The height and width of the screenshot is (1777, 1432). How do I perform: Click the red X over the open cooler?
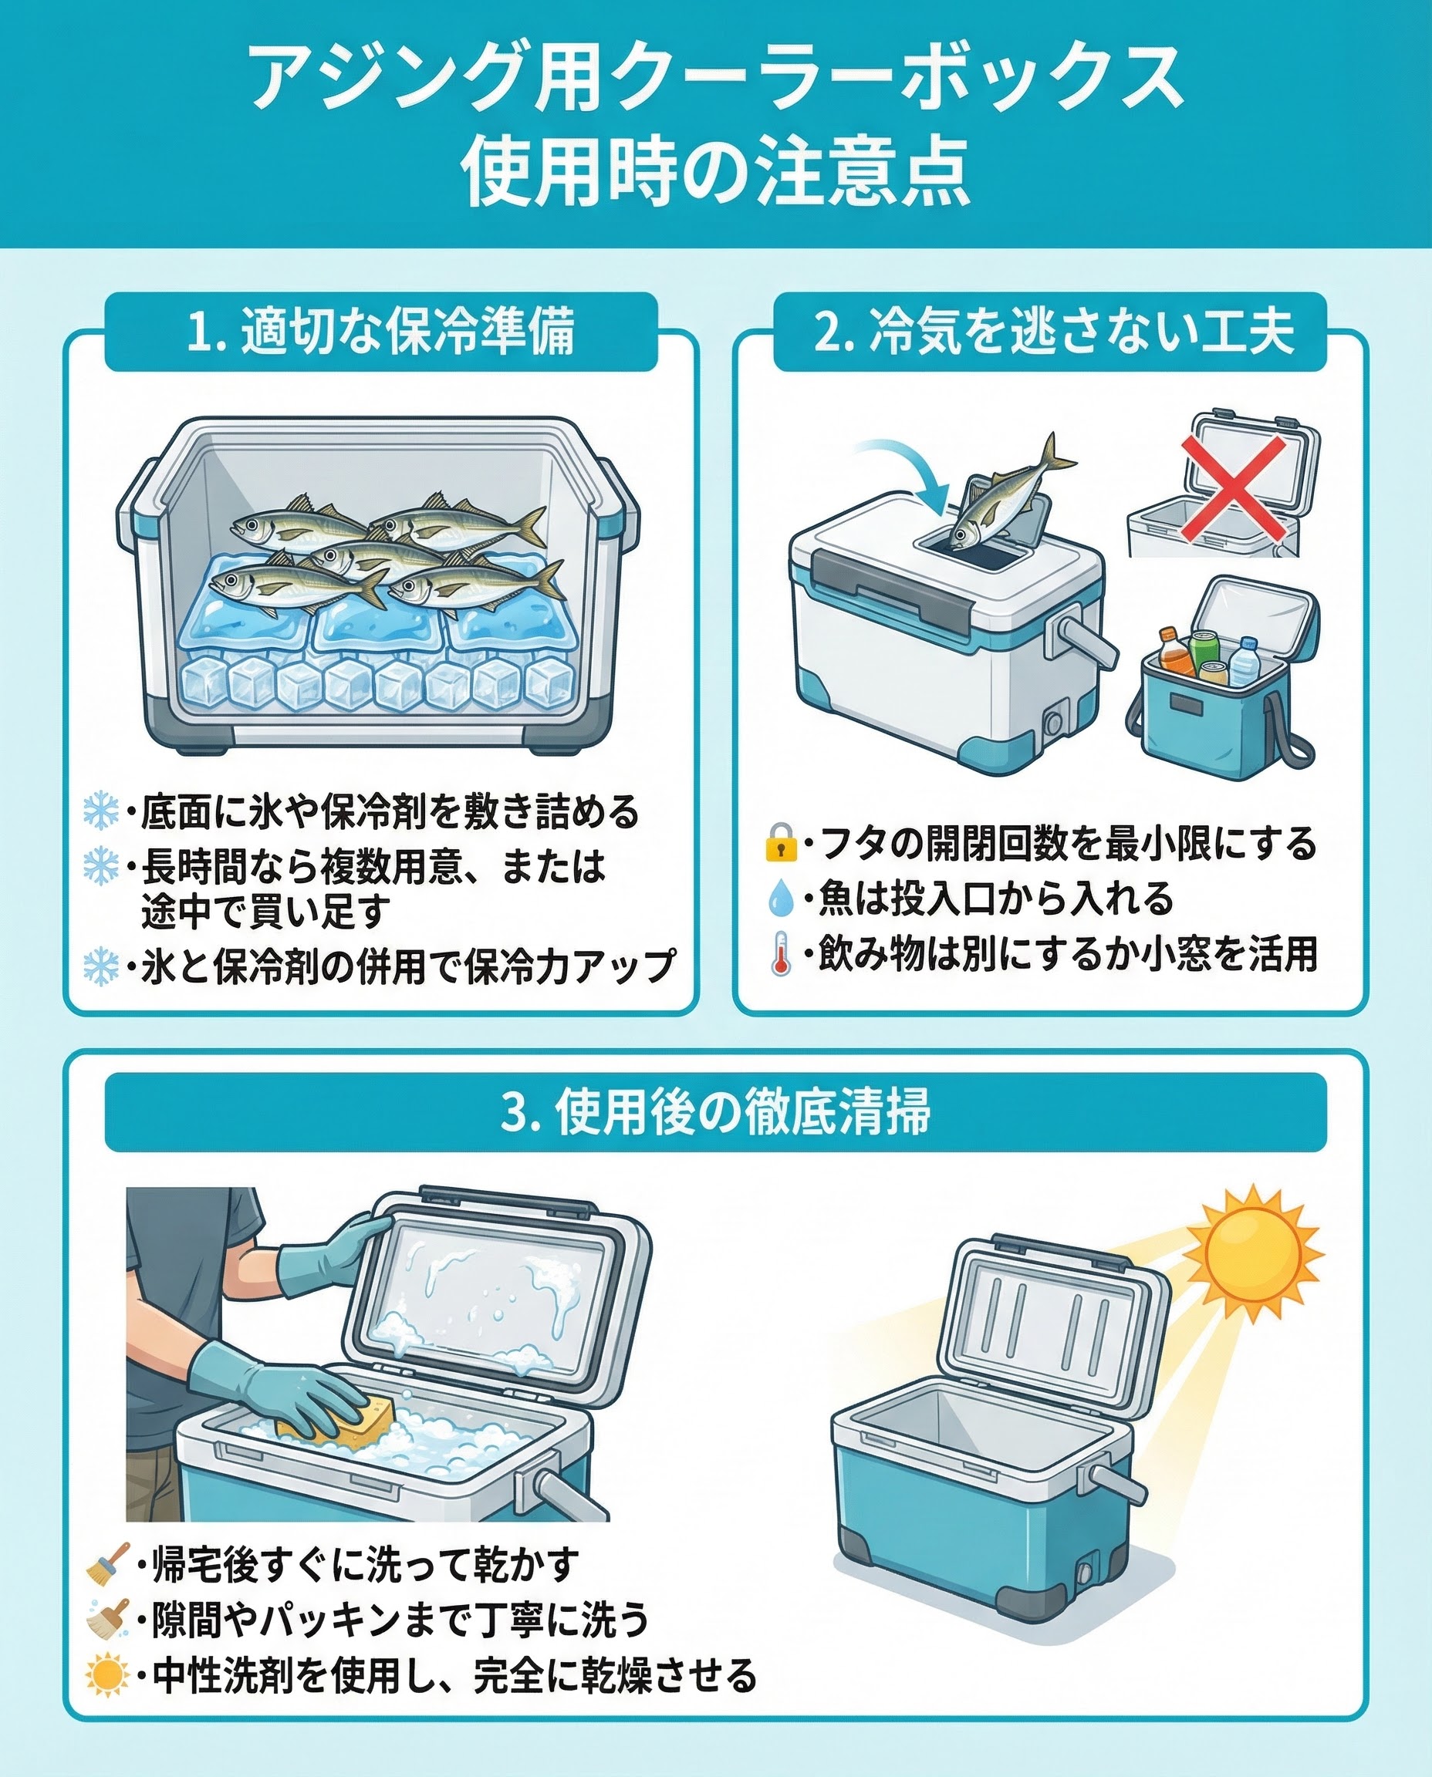pos(1233,488)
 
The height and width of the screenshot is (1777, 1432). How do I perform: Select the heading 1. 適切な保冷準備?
pos(381,332)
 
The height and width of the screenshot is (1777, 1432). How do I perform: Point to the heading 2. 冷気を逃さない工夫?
pos(1054,332)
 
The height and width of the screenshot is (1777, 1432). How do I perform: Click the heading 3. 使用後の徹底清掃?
pos(716,1112)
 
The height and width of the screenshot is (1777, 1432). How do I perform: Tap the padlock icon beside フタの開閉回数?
pos(780,843)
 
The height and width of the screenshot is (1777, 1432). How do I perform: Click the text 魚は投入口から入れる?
pos(995,898)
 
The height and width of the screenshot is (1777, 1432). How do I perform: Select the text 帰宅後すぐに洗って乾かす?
pos(366,1564)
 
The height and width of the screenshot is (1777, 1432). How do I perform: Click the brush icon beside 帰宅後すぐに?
pos(108,1563)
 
